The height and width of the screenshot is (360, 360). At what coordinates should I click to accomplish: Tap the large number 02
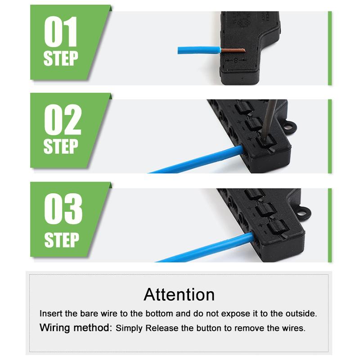[63, 120]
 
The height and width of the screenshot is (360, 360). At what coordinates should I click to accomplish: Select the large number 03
[63, 210]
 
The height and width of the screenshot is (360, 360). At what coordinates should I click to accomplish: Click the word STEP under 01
[61, 58]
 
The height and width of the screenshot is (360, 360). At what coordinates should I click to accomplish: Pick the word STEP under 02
[61, 147]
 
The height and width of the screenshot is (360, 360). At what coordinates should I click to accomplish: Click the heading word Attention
[179, 294]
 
